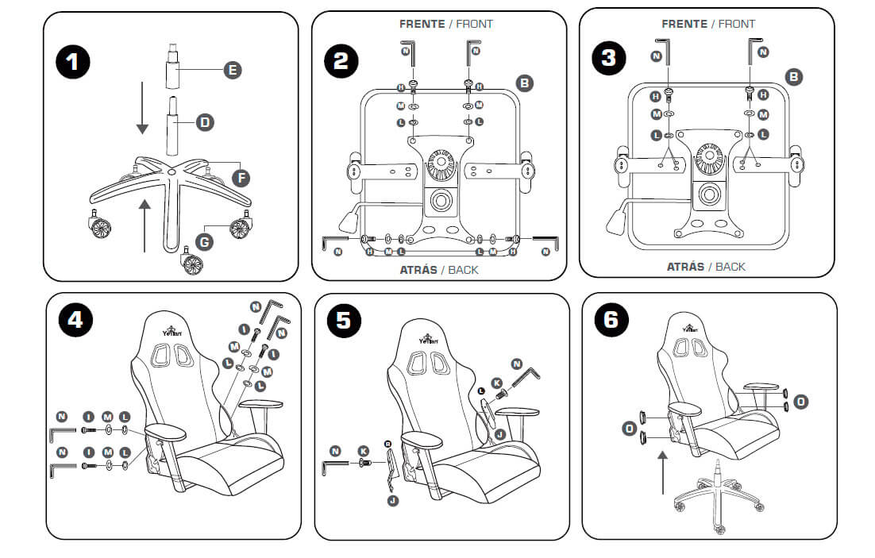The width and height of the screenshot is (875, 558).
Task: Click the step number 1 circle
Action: point(73,61)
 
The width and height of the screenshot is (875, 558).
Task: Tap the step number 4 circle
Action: point(75,319)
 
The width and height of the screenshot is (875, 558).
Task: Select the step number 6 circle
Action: point(611,319)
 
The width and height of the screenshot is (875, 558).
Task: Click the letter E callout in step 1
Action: point(232,71)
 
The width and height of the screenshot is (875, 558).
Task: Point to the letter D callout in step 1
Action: point(205,122)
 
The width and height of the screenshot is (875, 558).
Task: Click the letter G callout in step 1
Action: point(205,239)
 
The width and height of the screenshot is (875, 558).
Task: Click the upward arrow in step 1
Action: point(144,226)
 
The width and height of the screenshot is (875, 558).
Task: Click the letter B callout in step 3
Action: point(793,76)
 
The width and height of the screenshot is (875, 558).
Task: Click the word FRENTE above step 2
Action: point(422,24)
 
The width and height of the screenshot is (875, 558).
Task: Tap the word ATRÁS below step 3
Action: point(685,267)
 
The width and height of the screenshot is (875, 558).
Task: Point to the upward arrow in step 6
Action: point(663,473)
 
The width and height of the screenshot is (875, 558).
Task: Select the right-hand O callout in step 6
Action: point(801,402)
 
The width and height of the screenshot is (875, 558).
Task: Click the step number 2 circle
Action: point(341,61)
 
